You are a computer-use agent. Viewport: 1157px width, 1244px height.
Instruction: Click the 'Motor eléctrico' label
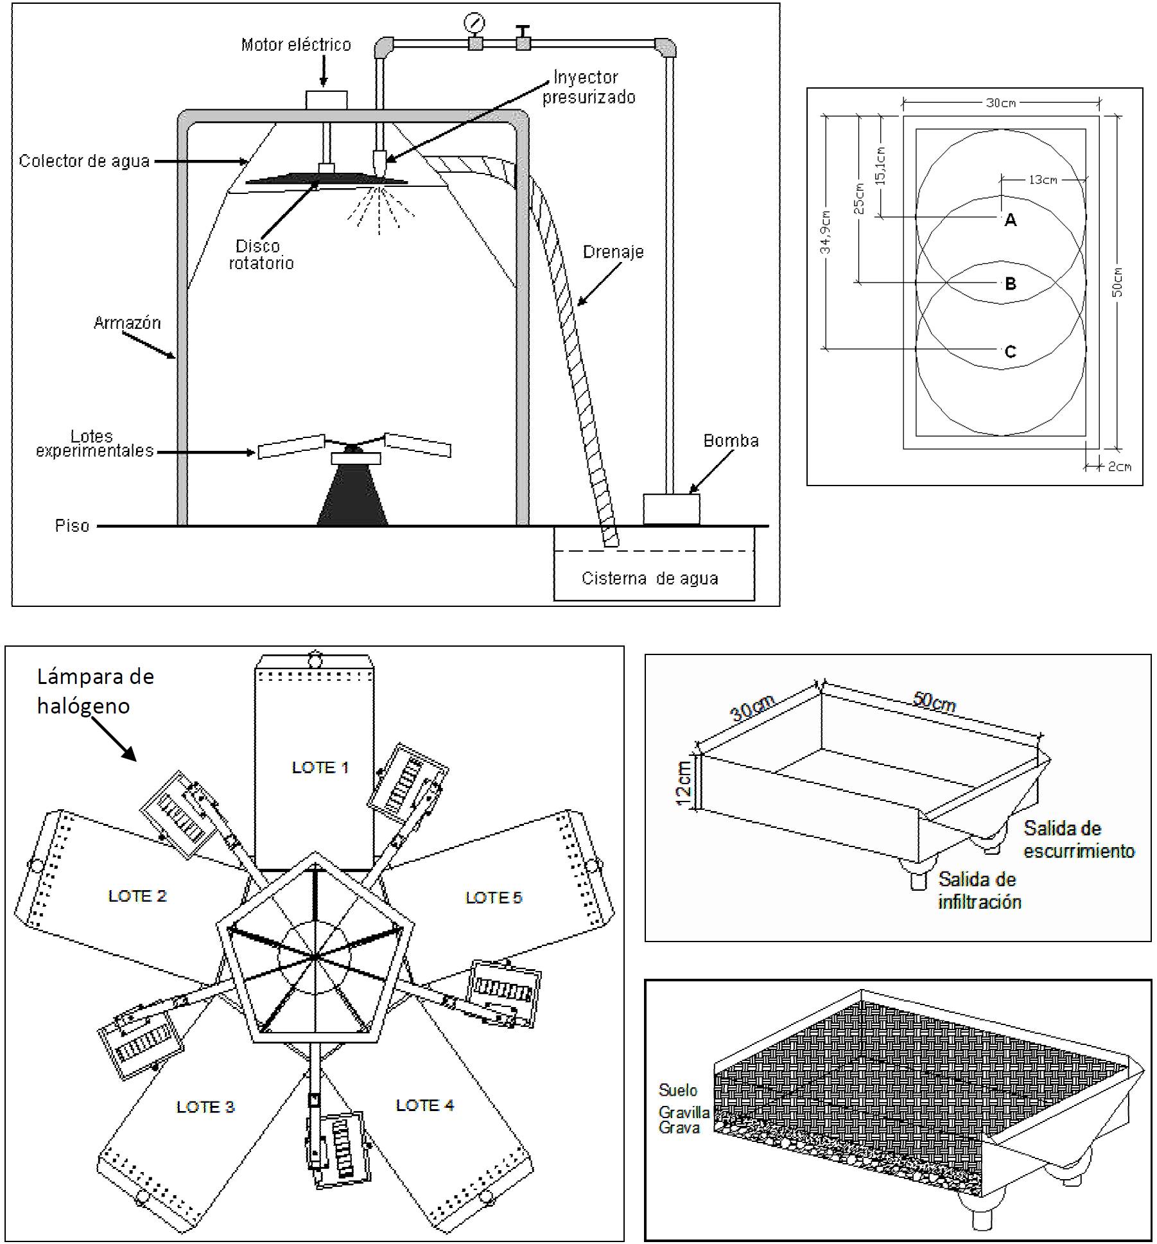click(296, 45)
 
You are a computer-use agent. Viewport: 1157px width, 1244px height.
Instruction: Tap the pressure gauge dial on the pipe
click(474, 23)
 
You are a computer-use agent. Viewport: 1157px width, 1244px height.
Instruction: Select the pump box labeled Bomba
click(671, 509)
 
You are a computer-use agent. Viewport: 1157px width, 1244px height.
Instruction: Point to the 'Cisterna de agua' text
click(650, 579)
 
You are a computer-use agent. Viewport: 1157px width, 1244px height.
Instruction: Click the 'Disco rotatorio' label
click(261, 254)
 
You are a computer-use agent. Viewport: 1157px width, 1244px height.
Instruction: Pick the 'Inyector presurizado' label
click(587, 87)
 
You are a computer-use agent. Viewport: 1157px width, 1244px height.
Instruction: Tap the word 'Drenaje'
click(613, 252)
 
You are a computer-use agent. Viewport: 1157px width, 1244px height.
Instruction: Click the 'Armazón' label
click(127, 322)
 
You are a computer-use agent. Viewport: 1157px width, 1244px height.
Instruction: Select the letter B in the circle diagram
click(1010, 283)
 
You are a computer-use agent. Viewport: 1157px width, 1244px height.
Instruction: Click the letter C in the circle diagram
click(1010, 352)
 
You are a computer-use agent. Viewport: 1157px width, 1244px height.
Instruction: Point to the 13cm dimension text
click(1043, 180)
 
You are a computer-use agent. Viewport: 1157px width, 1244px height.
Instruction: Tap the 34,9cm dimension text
click(826, 232)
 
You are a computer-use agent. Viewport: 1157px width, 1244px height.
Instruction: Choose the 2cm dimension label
click(1120, 467)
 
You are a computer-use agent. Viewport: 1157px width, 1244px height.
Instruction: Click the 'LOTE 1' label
click(320, 767)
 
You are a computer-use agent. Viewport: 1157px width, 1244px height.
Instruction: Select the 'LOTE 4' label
click(424, 1105)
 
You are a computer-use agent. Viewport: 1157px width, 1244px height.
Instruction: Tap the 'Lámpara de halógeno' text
click(95, 691)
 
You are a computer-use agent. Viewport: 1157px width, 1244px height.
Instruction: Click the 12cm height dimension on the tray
click(684, 780)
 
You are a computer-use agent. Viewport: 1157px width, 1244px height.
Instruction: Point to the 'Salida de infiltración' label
click(979, 890)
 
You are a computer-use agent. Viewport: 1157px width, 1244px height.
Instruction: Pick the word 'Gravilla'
click(684, 1112)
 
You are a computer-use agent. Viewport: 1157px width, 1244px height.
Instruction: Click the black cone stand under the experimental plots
click(352, 496)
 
